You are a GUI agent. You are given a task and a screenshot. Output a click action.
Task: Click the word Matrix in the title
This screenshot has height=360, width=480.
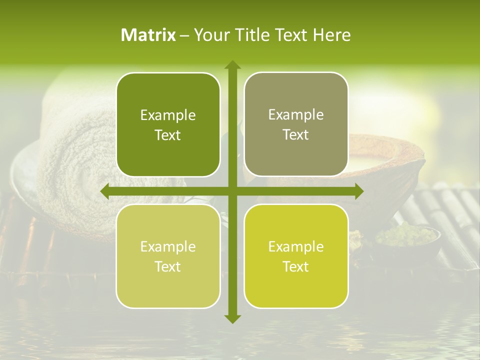(148, 35)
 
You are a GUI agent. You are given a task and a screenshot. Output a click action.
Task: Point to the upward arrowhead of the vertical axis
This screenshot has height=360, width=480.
(232, 65)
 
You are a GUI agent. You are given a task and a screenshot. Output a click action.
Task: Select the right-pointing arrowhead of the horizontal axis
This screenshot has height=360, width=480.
(358, 191)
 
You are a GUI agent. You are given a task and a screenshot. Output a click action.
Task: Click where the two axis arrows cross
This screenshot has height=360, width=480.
(232, 191)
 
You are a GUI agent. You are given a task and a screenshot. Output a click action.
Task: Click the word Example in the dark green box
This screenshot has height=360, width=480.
(168, 115)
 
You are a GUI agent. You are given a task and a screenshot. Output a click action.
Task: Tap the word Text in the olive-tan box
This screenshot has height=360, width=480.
(296, 135)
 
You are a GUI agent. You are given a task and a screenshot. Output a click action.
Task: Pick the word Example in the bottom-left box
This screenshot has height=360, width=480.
(168, 247)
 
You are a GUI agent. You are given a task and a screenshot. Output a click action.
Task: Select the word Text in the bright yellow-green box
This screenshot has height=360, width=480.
(296, 267)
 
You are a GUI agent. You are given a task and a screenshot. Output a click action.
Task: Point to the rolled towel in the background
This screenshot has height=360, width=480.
(75, 165)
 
